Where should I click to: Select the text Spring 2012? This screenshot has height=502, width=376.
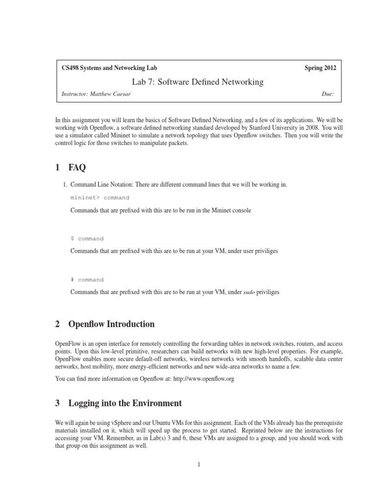coord(320,69)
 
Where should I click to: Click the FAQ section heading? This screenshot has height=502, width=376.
coord(77,168)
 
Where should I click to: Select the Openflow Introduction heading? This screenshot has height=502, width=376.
coord(112,324)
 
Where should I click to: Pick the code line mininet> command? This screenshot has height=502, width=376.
coord(100,198)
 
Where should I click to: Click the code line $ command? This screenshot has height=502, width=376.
coord(87,239)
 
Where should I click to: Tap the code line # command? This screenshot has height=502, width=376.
coord(87,280)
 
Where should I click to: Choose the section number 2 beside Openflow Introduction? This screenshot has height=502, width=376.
coord(58,324)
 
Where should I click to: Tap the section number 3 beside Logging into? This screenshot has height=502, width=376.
coord(58,403)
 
